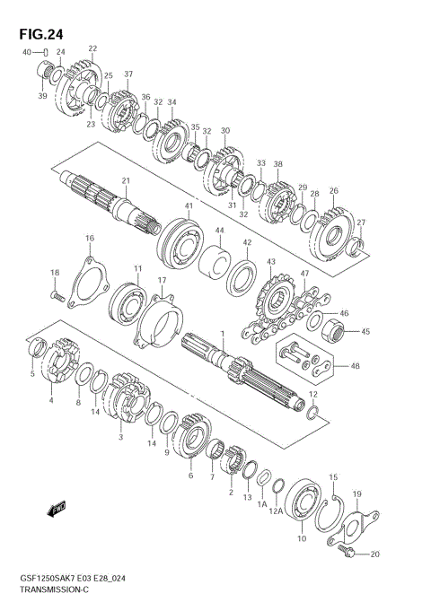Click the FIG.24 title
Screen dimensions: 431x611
41,35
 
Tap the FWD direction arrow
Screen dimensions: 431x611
57,509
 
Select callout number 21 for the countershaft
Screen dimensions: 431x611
126,181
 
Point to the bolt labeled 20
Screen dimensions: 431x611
347,549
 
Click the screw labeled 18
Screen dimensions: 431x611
57,296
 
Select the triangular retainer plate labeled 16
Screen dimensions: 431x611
87,281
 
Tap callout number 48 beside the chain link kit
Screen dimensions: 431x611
355,366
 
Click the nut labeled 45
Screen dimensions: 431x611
334,329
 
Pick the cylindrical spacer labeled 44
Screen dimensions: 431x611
215,263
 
